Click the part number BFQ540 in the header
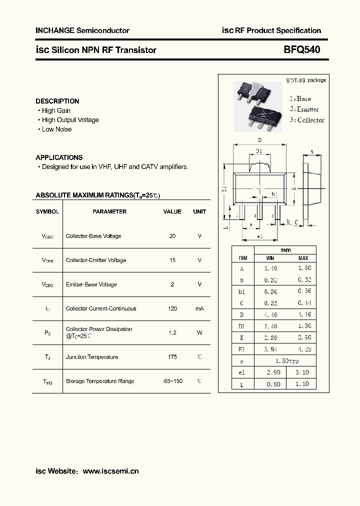[x=302, y=49]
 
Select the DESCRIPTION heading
[x=57, y=101]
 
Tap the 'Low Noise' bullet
[x=56, y=129]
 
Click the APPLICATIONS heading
[x=59, y=157]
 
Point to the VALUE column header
[x=172, y=211]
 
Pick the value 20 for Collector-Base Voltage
[x=172, y=236]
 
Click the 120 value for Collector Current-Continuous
[x=172, y=308]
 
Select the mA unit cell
[x=199, y=308]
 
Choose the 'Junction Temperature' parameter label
[x=92, y=357]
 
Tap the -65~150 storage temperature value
[x=172, y=381]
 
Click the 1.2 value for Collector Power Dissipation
[x=172, y=332]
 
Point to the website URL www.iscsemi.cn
[x=110, y=471]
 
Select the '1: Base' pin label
[x=300, y=99]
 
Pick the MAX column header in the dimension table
[x=303, y=258]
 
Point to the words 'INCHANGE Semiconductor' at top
[x=82, y=30]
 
